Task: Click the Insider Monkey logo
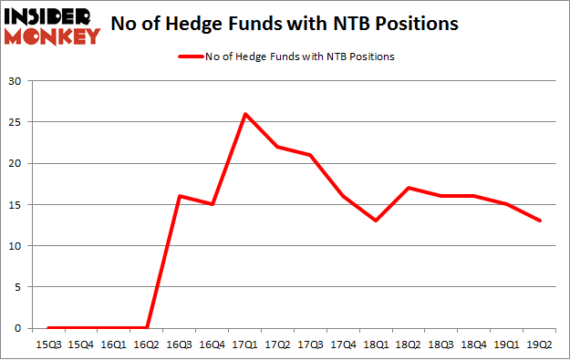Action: pyautogui.click(x=52, y=26)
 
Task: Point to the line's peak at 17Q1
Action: pyautogui.click(x=245, y=114)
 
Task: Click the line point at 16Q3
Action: pyautogui.click(x=180, y=196)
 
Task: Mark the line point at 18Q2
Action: pyautogui.click(x=409, y=188)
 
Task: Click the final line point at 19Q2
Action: pyautogui.click(x=541, y=221)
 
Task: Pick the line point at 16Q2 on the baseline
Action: pyautogui.click(x=147, y=328)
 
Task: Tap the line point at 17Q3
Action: pyautogui.click(x=311, y=155)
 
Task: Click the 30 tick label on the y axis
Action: pyautogui.click(x=16, y=81)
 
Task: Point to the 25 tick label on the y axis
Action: pyautogui.click(x=16, y=122)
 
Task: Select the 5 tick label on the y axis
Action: pyautogui.click(x=18, y=287)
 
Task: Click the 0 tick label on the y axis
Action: pyautogui.click(x=18, y=328)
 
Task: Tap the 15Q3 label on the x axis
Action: pyautogui.click(x=48, y=344)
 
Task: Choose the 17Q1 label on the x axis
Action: pyautogui.click(x=245, y=344)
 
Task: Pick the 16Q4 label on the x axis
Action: pyautogui.click(x=212, y=344)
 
